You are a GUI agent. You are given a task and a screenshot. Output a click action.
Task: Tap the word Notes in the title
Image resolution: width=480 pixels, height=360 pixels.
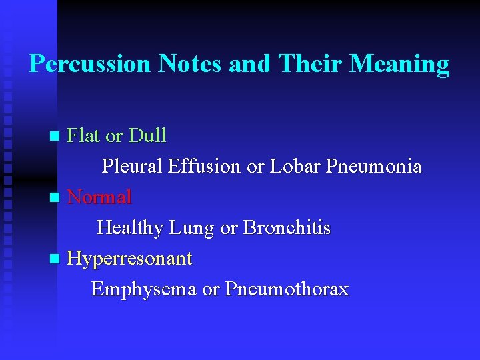pos(191,64)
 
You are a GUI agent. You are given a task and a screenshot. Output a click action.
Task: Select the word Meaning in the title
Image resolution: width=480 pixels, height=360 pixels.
pos(400,64)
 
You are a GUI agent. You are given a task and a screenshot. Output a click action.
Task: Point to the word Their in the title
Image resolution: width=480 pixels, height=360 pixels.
pos(311,64)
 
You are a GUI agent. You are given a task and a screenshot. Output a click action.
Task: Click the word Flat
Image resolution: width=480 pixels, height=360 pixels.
pos(84,136)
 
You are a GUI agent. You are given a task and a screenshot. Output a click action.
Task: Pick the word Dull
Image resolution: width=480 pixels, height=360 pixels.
pos(147,136)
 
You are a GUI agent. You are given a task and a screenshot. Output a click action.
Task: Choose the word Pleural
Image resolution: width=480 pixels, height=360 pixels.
pos(132,167)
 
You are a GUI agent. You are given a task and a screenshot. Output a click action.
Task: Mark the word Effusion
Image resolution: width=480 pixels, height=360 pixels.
pos(205,167)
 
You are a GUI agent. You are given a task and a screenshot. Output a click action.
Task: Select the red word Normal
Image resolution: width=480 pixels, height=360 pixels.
pos(100,197)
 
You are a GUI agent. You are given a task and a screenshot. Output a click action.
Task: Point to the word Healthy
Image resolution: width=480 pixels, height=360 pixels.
pos(131,228)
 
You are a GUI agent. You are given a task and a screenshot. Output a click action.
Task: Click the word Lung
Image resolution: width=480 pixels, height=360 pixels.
pos(193,229)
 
